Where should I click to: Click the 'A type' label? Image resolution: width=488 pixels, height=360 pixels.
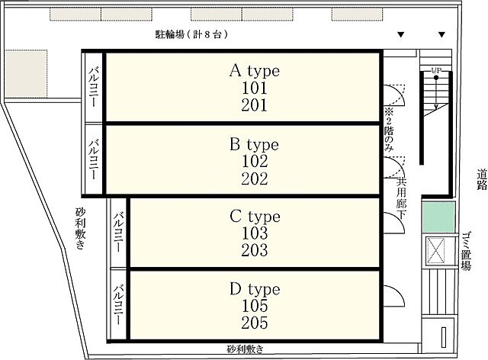pyautogui.click(x=255, y=72)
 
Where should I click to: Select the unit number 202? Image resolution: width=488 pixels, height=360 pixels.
pyautogui.click(x=255, y=178)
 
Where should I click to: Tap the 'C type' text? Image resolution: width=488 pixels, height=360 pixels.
pyautogui.click(x=255, y=217)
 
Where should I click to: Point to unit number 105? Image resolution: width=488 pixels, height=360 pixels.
pyautogui.click(x=255, y=306)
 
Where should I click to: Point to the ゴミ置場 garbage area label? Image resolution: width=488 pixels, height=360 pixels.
pyautogui.click(x=467, y=248)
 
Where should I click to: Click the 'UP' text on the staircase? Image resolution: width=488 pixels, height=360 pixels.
pyautogui.click(x=436, y=71)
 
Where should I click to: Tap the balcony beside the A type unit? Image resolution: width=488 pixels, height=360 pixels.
pyautogui.click(x=93, y=86)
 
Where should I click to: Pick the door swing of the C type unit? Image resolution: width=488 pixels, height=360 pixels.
pyautogui.click(x=392, y=222)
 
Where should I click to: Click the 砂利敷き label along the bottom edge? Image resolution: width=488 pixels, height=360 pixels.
pyautogui.click(x=245, y=349)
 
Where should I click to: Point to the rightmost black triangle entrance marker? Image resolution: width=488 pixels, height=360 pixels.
pyautogui.click(x=441, y=35)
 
